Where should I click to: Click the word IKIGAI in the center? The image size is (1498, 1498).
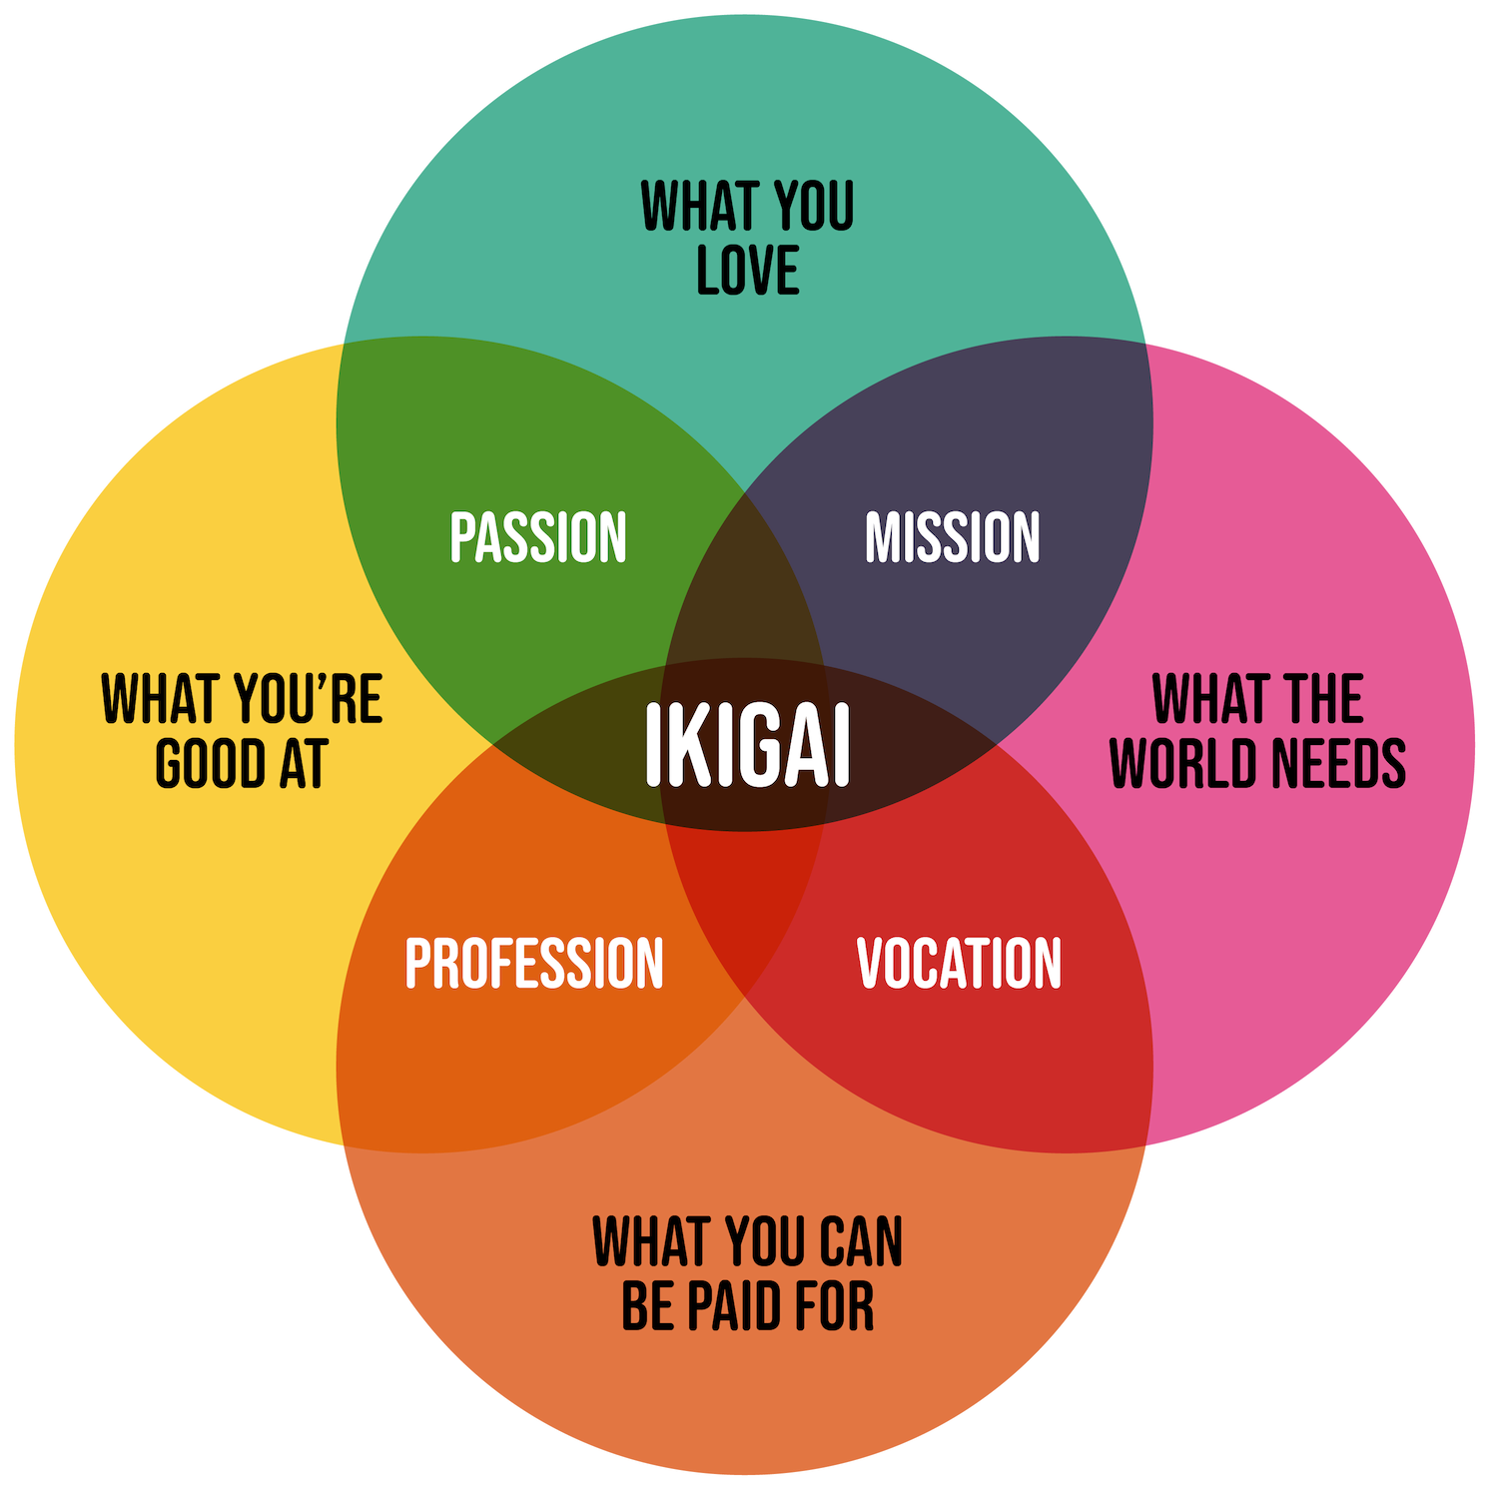tap(747, 745)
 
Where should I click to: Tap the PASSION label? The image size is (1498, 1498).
tap(538, 537)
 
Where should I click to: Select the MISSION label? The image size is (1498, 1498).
tap(952, 537)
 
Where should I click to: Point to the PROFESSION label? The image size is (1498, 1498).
tap(534, 963)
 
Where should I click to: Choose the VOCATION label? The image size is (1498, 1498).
tap(959, 963)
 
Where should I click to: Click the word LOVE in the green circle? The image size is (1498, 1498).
tap(748, 271)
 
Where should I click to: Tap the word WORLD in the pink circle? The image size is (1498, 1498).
tap(1184, 764)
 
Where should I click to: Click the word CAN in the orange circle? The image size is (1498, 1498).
tap(860, 1241)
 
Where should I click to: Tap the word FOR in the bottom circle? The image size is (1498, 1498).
tap(832, 1306)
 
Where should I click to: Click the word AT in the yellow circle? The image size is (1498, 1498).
tap(303, 764)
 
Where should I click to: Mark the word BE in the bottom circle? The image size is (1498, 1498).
tap(646, 1306)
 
